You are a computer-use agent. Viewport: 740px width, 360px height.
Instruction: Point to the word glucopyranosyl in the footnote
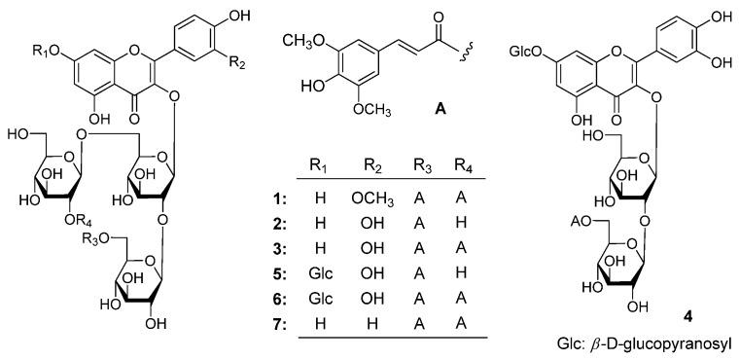pos(678,343)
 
